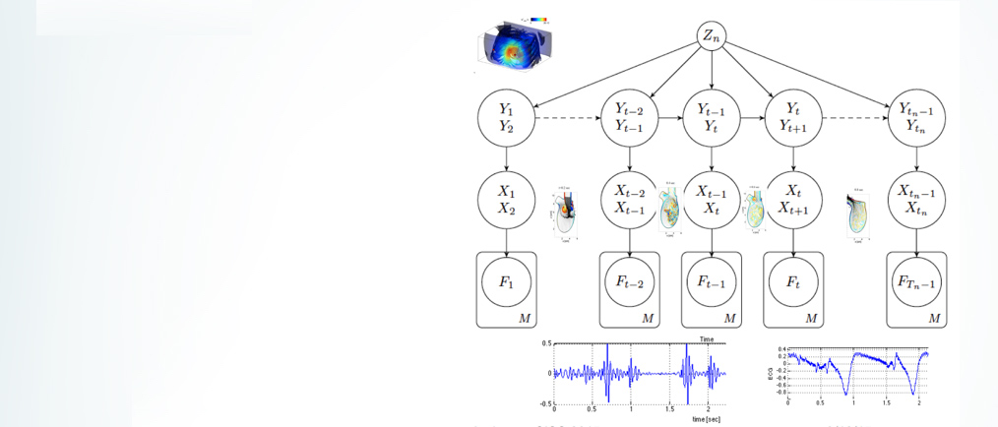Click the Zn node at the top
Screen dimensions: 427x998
tap(711, 38)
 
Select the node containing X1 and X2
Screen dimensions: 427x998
tap(506, 201)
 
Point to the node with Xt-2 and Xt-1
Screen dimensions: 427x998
tap(629, 201)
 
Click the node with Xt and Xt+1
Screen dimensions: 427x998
tap(793, 201)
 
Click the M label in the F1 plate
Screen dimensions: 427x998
tap(525, 318)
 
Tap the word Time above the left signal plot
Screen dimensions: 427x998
tap(706, 338)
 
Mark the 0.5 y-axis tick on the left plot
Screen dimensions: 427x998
tap(544, 344)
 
